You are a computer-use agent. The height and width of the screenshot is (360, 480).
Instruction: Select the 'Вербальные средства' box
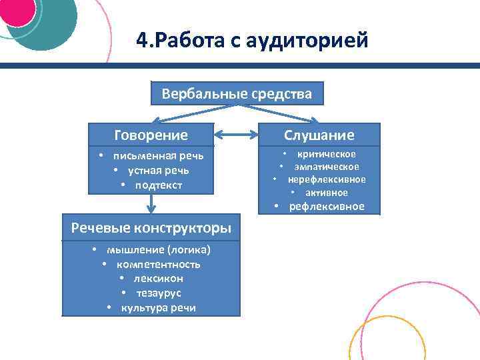(x=237, y=94)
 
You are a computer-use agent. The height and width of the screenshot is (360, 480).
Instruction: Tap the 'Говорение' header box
(x=151, y=135)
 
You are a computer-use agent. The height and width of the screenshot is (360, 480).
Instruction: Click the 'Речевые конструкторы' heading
(x=151, y=228)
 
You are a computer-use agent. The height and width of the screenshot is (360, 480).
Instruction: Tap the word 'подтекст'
(x=159, y=184)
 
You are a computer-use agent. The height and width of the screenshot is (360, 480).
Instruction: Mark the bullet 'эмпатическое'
(x=327, y=167)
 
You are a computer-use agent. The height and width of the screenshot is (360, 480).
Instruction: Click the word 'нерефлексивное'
(x=327, y=179)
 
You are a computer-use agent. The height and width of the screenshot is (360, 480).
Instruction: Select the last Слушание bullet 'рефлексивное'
(x=327, y=206)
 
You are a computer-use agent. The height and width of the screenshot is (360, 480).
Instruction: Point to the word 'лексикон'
(x=158, y=278)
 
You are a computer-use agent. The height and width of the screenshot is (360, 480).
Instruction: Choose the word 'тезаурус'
(x=159, y=293)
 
